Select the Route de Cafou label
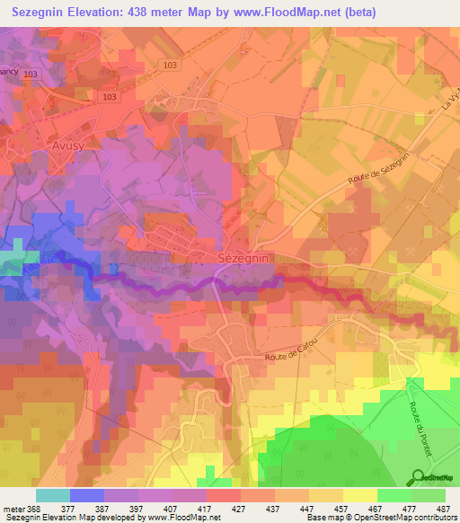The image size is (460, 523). tap(292, 356)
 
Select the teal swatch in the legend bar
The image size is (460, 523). tap(53, 495)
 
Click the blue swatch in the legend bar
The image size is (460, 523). tap(87, 495)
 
